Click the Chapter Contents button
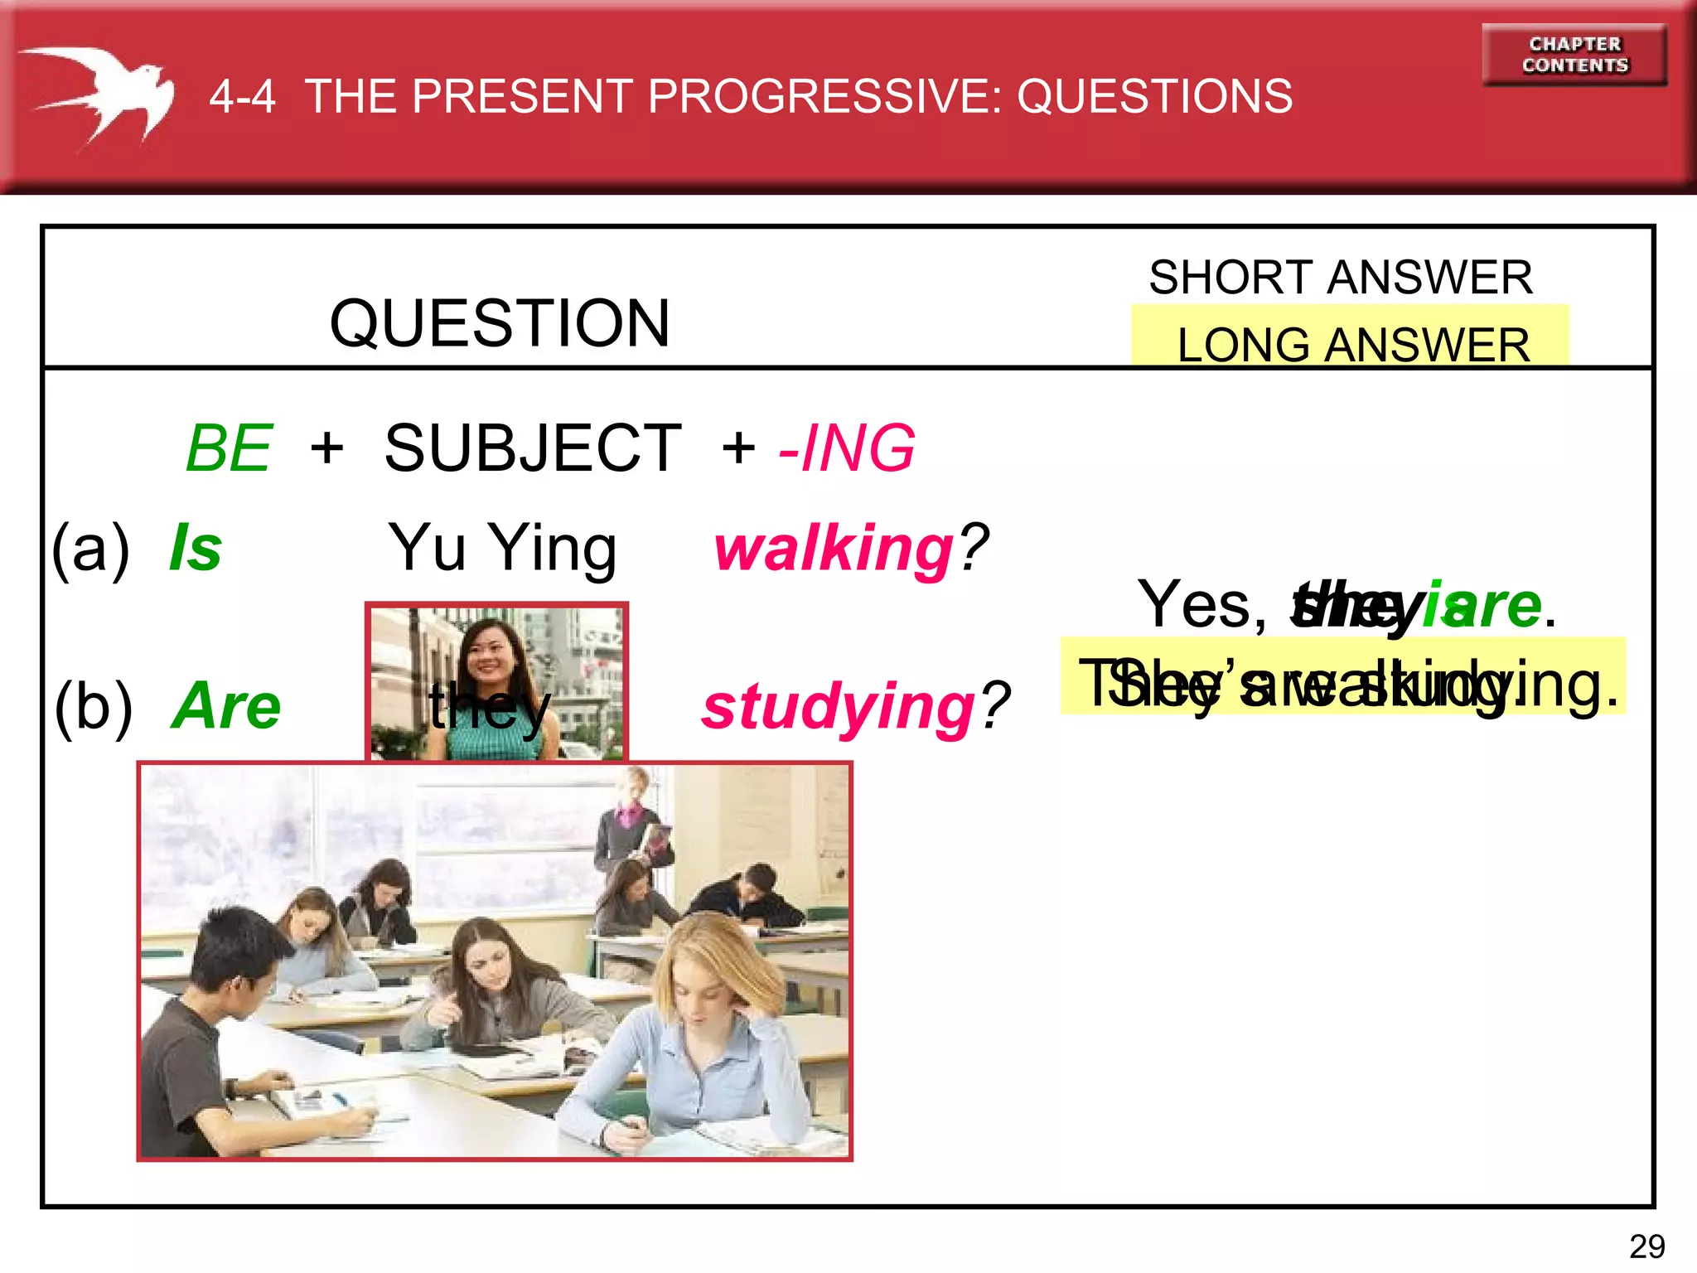coord(1574,55)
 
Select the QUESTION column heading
coord(499,322)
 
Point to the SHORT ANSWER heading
coord(1340,277)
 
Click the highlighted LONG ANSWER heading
coord(1352,344)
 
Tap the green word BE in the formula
coord(230,448)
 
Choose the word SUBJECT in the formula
coord(533,448)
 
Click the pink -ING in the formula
coord(847,448)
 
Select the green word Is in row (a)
coord(196,548)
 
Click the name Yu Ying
coord(502,548)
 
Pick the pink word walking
coord(834,549)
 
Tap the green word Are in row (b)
coord(226,705)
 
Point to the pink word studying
coord(838,707)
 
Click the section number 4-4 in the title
coord(242,96)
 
